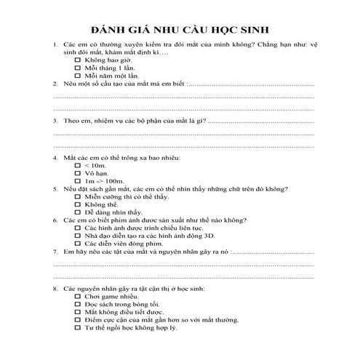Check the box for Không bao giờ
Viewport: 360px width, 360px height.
click(x=78, y=60)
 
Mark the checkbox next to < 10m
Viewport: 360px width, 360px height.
click(x=78, y=166)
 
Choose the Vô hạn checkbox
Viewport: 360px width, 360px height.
click(x=78, y=174)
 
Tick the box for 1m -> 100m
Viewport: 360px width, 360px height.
click(x=78, y=181)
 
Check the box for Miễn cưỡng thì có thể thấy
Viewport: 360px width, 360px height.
click(x=78, y=197)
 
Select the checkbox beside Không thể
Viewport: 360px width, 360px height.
click(x=78, y=204)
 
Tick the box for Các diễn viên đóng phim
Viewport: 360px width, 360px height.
click(x=78, y=244)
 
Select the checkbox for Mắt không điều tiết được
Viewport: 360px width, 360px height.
click(x=78, y=313)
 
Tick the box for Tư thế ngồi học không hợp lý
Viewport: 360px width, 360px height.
click(x=78, y=328)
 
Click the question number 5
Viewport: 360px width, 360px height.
click(x=56, y=189)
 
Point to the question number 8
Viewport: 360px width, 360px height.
click(x=56, y=289)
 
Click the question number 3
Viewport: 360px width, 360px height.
click(x=56, y=121)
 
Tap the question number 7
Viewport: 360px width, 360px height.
click(x=56, y=252)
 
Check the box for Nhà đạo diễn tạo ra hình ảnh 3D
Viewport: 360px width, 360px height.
click(x=78, y=236)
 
